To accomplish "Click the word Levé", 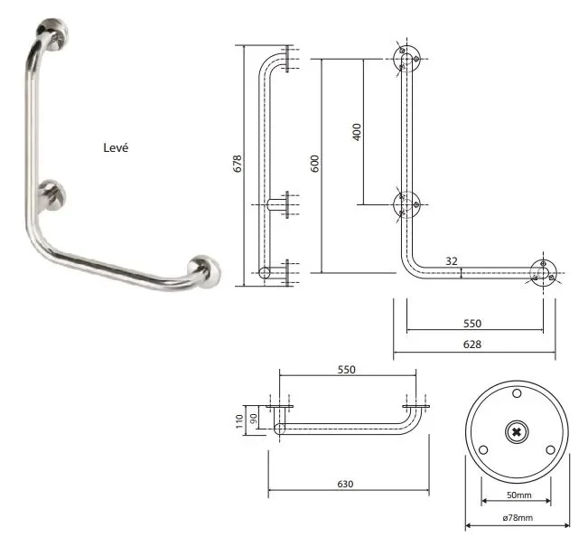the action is [x=116, y=147].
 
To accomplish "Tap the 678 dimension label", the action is [x=238, y=164].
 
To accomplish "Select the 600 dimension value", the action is [x=315, y=164].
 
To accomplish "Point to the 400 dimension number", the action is [x=357, y=132].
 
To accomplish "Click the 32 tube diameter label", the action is [x=452, y=261].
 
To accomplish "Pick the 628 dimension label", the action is [x=471, y=344].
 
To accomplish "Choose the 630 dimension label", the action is [x=345, y=484].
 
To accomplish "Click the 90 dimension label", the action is [x=253, y=419].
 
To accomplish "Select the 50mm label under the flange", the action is [x=519, y=495].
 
